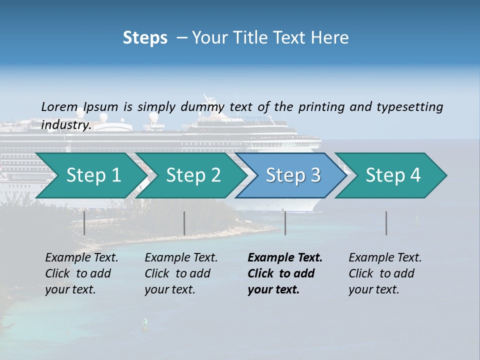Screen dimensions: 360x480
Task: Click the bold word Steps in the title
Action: click(x=145, y=37)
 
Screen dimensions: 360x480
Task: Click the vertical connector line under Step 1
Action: click(x=84, y=223)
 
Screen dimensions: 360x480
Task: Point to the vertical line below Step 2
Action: click(x=184, y=223)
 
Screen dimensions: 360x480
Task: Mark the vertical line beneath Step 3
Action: click(x=285, y=223)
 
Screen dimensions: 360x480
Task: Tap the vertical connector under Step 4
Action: click(x=386, y=223)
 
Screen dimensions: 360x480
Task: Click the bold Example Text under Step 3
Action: click(x=285, y=258)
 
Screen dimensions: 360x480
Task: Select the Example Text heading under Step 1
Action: click(x=81, y=258)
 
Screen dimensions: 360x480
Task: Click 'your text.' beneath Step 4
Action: click(x=374, y=289)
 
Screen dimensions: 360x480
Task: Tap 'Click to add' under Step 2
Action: click(x=177, y=273)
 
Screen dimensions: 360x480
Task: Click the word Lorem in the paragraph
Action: click(x=59, y=106)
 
